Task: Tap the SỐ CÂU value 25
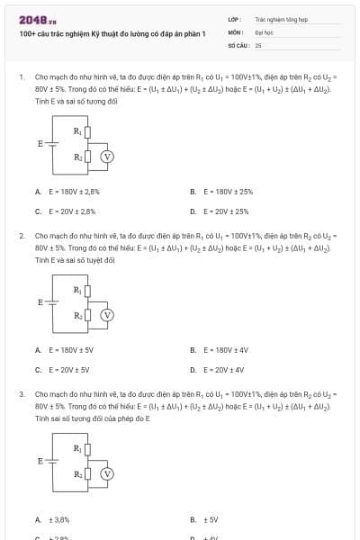(x=258, y=44)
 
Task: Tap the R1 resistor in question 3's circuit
(x=87, y=448)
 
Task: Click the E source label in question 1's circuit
(x=40, y=143)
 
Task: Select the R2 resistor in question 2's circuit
(x=87, y=315)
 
